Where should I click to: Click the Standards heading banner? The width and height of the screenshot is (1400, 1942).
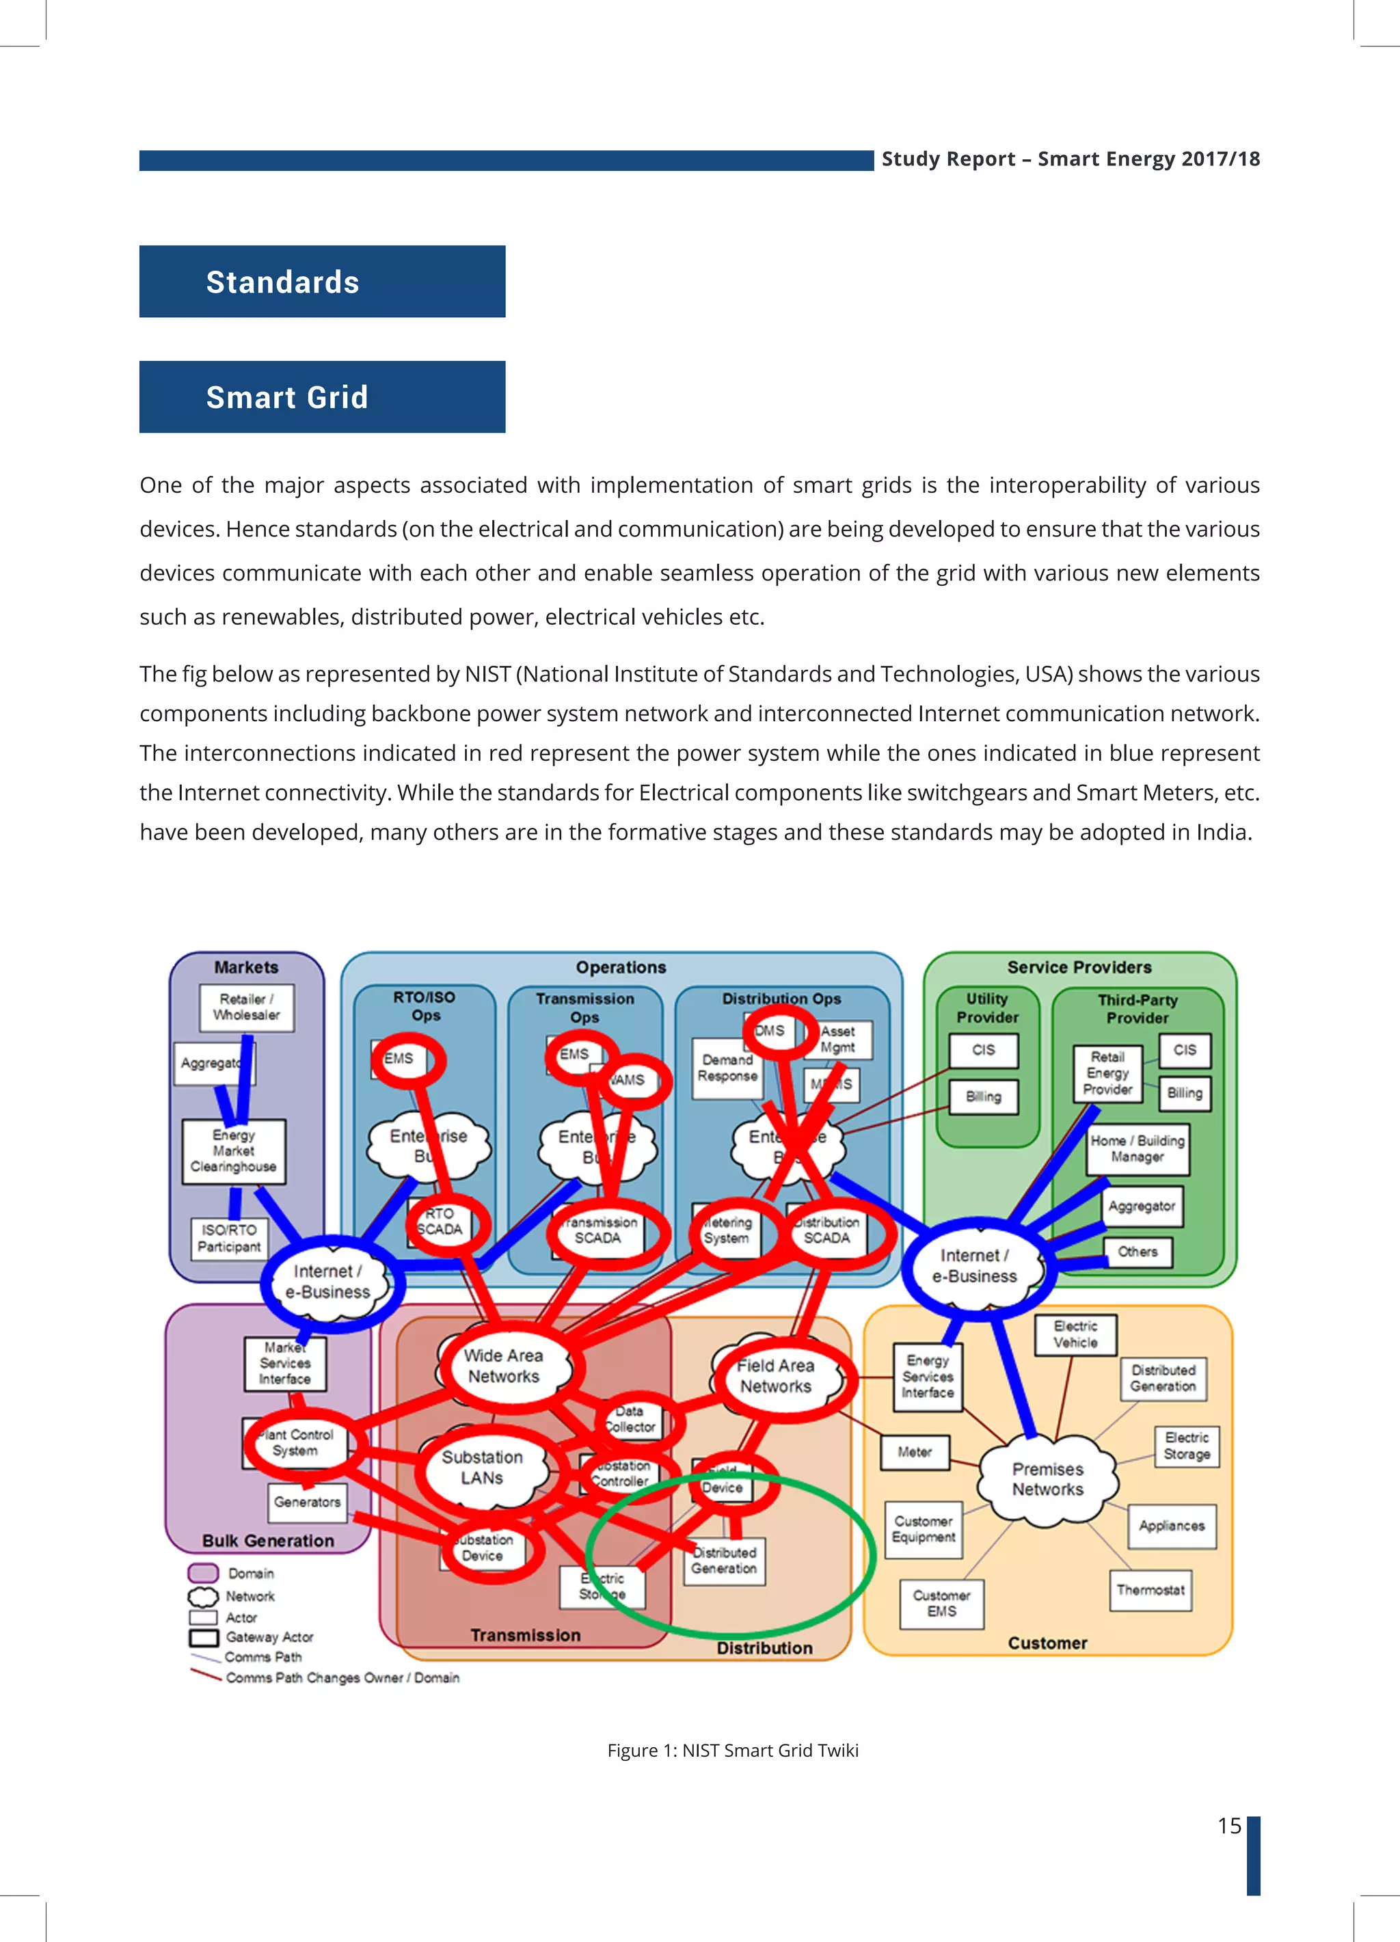pos(322,282)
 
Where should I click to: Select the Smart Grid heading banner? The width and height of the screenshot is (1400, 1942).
pos(322,396)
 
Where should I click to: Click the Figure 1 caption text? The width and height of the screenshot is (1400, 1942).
pos(732,1750)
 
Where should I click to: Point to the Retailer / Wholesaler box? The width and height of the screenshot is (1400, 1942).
pos(247,1007)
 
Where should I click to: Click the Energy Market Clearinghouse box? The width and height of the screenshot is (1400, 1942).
pos(233,1151)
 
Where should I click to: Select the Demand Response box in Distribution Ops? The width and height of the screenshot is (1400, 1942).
pos(727,1068)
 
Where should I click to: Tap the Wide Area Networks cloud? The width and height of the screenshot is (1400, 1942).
pos(504,1366)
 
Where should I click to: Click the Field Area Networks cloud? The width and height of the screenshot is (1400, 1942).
pos(775,1376)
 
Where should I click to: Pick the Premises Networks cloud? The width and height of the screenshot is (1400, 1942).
pos(1047,1479)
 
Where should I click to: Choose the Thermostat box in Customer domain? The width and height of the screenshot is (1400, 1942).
pos(1150,1590)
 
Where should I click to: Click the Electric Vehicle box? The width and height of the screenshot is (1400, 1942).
pos(1075,1334)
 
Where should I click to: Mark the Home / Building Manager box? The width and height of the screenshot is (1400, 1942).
pos(1137,1149)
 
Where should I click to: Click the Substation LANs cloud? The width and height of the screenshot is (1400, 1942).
pos(482,1467)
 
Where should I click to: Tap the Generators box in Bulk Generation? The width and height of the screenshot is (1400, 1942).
pos(308,1502)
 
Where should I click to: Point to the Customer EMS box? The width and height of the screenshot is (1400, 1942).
pos(941,1603)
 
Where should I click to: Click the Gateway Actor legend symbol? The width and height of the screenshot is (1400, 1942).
pos(204,1637)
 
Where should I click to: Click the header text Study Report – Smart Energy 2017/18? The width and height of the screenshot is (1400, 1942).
pos(1071,159)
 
